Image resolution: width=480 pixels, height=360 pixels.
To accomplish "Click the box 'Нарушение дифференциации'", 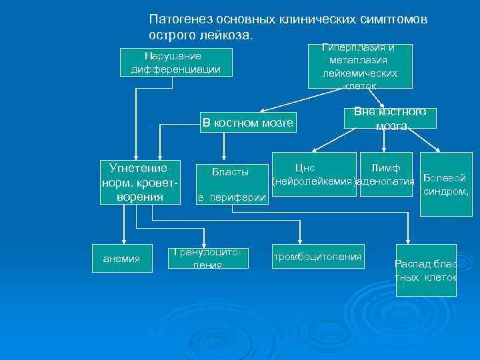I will [x=177, y=62].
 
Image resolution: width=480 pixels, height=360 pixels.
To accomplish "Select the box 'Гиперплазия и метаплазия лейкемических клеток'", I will [x=360, y=67].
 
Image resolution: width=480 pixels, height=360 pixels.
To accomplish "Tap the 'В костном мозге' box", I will [x=247, y=122].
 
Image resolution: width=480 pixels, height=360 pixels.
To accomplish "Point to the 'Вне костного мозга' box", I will [x=391, y=119].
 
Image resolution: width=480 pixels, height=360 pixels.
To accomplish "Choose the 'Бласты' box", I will [x=230, y=173].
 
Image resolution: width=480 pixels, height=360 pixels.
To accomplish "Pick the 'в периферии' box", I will [x=230, y=197].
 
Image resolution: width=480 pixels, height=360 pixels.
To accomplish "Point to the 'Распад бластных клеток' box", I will [x=426, y=269].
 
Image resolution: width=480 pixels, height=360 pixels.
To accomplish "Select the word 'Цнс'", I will [x=305, y=167].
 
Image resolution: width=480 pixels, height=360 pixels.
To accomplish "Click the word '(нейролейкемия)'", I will [x=313, y=181].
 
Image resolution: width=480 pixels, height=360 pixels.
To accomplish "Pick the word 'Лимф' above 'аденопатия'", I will [x=385, y=167].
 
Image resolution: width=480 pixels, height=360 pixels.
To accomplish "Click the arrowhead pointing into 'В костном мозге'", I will [x=262, y=111].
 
